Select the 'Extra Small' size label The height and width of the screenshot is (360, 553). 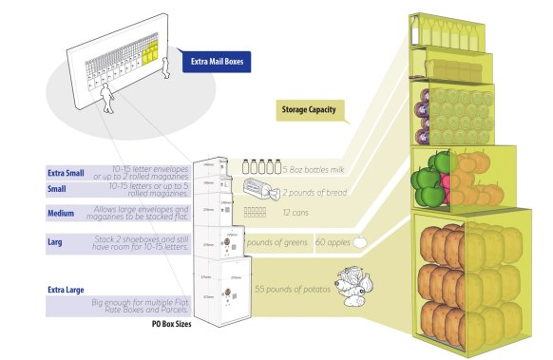tap(66, 174)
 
